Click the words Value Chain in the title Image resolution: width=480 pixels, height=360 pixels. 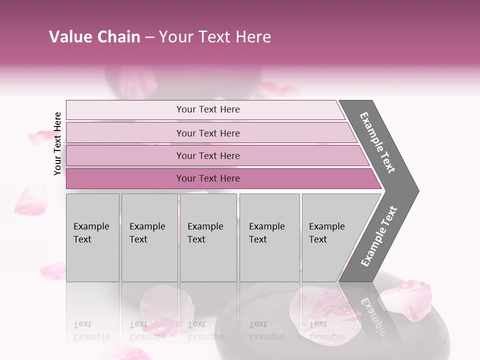(94, 37)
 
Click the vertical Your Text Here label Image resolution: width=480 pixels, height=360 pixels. (57, 143)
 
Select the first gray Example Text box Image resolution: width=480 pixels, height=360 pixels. (92, 237)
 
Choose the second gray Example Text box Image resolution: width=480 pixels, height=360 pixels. (149, 237)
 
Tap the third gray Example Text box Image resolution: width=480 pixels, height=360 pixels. (208, 237)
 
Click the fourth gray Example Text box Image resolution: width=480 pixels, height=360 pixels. (269, 237)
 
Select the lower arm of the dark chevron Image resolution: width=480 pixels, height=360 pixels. (379, 237)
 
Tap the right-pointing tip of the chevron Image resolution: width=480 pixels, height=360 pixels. (413, 190)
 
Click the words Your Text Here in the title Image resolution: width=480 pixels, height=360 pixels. (215, 37)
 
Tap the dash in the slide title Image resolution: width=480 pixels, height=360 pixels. (149, 37)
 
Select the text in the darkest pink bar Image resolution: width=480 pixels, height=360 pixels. (208, 178)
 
